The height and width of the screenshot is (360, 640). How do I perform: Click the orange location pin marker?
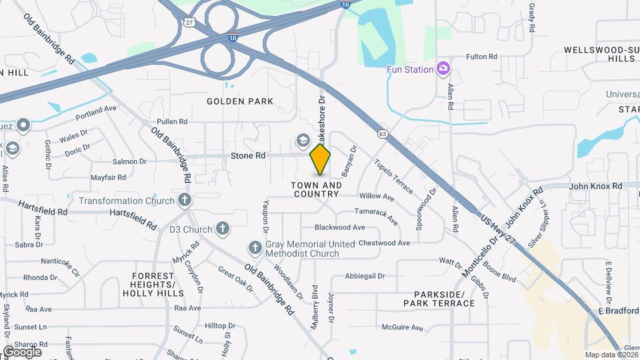[321, 160]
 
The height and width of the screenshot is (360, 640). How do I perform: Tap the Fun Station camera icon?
[443, 69]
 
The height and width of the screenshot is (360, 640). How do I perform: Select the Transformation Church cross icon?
[185, 200]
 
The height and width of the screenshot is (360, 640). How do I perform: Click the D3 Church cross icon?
[223, 229]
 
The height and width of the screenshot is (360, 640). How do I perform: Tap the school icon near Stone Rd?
[303, 140]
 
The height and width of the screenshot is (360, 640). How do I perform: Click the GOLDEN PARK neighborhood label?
[240, 101]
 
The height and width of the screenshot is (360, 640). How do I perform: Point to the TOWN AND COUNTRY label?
[317, 189]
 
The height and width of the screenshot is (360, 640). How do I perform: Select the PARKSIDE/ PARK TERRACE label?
[439, 299]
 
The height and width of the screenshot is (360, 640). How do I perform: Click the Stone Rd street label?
[248, 155]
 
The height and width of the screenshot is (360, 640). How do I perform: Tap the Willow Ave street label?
[377, 197]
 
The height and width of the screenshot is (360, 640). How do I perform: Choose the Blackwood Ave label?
[340, 227]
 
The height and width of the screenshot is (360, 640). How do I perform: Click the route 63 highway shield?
[382, 134]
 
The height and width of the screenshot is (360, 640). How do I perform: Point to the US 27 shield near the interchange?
[190, 22]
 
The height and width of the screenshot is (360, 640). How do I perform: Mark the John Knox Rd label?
[595, 186]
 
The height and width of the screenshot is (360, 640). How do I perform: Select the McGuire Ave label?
[403, 327]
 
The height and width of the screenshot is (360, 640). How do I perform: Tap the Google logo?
[22, 351]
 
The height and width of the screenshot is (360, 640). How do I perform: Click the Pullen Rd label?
[172, 122]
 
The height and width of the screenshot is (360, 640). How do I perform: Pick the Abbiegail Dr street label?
[365, 276]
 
